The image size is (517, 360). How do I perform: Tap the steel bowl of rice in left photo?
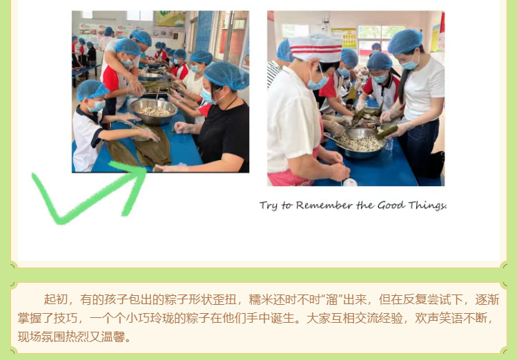(x=154, y=111)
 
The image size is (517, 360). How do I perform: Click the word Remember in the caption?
(x=324, y=206)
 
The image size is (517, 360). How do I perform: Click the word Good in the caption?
(x=391, y=206)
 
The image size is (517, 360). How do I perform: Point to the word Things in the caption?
(x=427, y=206)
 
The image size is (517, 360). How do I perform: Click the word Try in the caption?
(x=269, y=206)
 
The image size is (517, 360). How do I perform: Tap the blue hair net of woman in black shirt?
(x=226, y=75)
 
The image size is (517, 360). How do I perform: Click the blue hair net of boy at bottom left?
(x=92, y=89)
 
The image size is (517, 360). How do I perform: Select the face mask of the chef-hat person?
(x=317, y=82)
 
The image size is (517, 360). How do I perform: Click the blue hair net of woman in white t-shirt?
(x=404, y=41)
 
